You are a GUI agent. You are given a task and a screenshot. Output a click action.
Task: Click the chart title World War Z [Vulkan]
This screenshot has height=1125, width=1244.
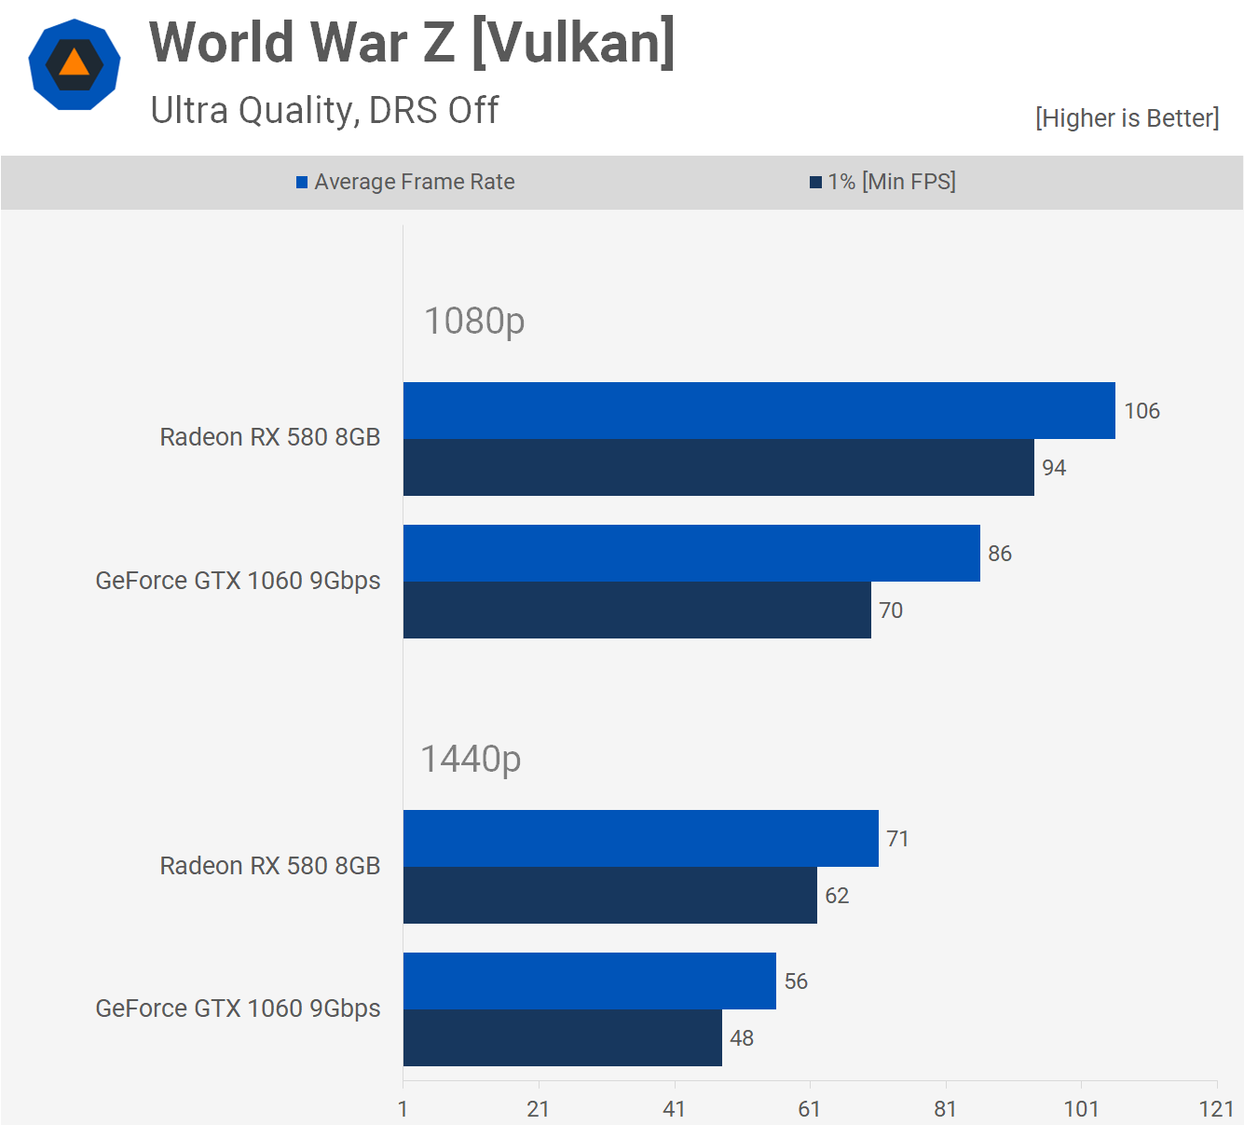point(412,43)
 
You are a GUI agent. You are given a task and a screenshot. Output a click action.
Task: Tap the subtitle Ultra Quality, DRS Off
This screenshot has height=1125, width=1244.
point(324,110)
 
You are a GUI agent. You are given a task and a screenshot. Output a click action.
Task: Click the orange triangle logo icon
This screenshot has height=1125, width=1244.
point(75,64)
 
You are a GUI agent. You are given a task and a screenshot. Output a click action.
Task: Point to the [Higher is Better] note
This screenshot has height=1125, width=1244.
point(1127,118)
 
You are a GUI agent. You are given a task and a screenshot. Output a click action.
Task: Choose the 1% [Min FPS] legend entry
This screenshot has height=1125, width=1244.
point(882,182)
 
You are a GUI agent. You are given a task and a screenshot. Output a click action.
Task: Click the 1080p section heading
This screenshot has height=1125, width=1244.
point(474,321)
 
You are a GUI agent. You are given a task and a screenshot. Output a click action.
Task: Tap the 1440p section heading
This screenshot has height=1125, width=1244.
point(471,759)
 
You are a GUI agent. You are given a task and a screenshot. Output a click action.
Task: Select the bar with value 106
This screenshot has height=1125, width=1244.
point(759,410)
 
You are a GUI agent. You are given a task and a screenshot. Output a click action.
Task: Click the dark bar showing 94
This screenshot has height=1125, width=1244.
point(718,467)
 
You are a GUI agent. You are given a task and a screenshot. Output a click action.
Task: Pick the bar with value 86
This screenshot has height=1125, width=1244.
point(691,553)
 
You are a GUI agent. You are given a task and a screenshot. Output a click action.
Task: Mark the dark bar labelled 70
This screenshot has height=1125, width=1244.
point(636,610)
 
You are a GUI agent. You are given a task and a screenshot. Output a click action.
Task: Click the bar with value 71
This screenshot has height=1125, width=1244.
point(640,838)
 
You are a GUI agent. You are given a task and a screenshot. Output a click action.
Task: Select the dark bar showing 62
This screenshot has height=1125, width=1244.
point(609,895)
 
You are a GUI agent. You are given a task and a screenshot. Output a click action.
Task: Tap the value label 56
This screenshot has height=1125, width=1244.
point(796,981)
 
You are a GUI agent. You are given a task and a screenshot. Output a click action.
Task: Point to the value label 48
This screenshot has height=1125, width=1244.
point(742,1038)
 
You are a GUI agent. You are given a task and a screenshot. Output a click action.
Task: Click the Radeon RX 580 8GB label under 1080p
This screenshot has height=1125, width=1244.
point(270,437)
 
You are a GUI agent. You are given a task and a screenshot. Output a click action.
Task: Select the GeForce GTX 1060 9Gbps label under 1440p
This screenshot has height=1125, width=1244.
point(238,1008)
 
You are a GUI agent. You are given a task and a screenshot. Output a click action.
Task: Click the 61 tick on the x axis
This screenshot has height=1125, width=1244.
point(810,1109)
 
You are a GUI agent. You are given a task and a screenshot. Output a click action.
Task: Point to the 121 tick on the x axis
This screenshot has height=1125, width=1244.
point(1216,1109)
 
